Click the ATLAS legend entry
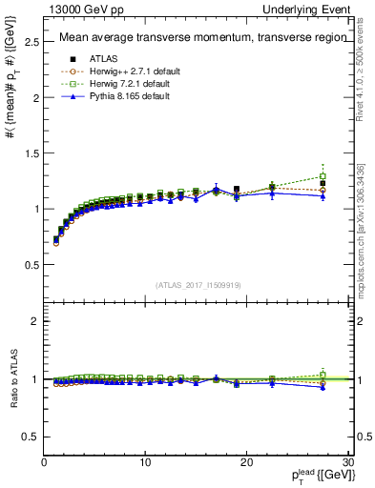click(x=91, y=57)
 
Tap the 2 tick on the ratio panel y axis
click(x=35, y=321)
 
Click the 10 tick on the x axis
click(x=145, y=463)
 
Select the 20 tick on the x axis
click(x=246, y=463)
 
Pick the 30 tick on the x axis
click(x=346, y=463)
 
